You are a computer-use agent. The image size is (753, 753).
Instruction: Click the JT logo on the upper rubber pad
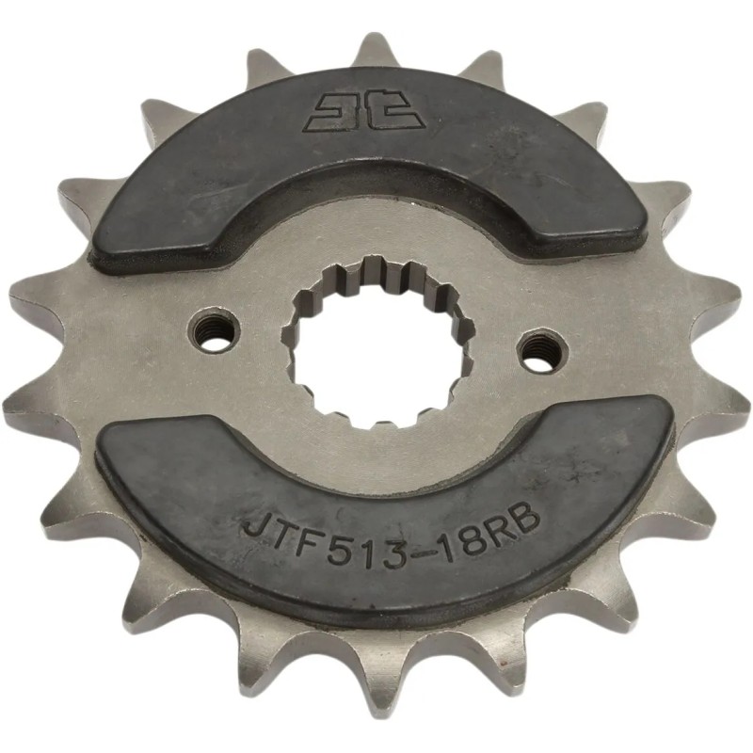tap(361, 110)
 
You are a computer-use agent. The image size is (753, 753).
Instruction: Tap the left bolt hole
tap(216, 330)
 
